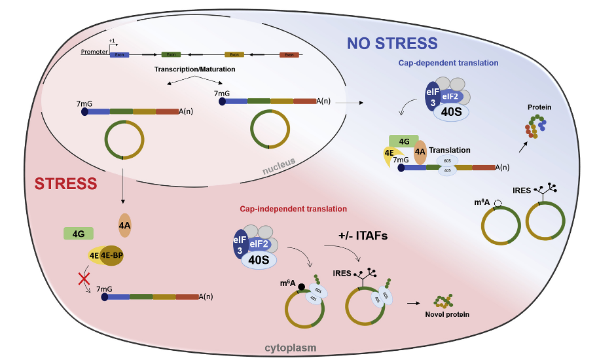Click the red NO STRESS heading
click(392, 44)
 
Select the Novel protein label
click(446, 314)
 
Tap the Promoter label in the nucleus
click(94, 52)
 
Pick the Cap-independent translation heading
click(293, 209)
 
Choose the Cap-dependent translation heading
click(448, 63)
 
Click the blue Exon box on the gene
click(119, 55)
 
